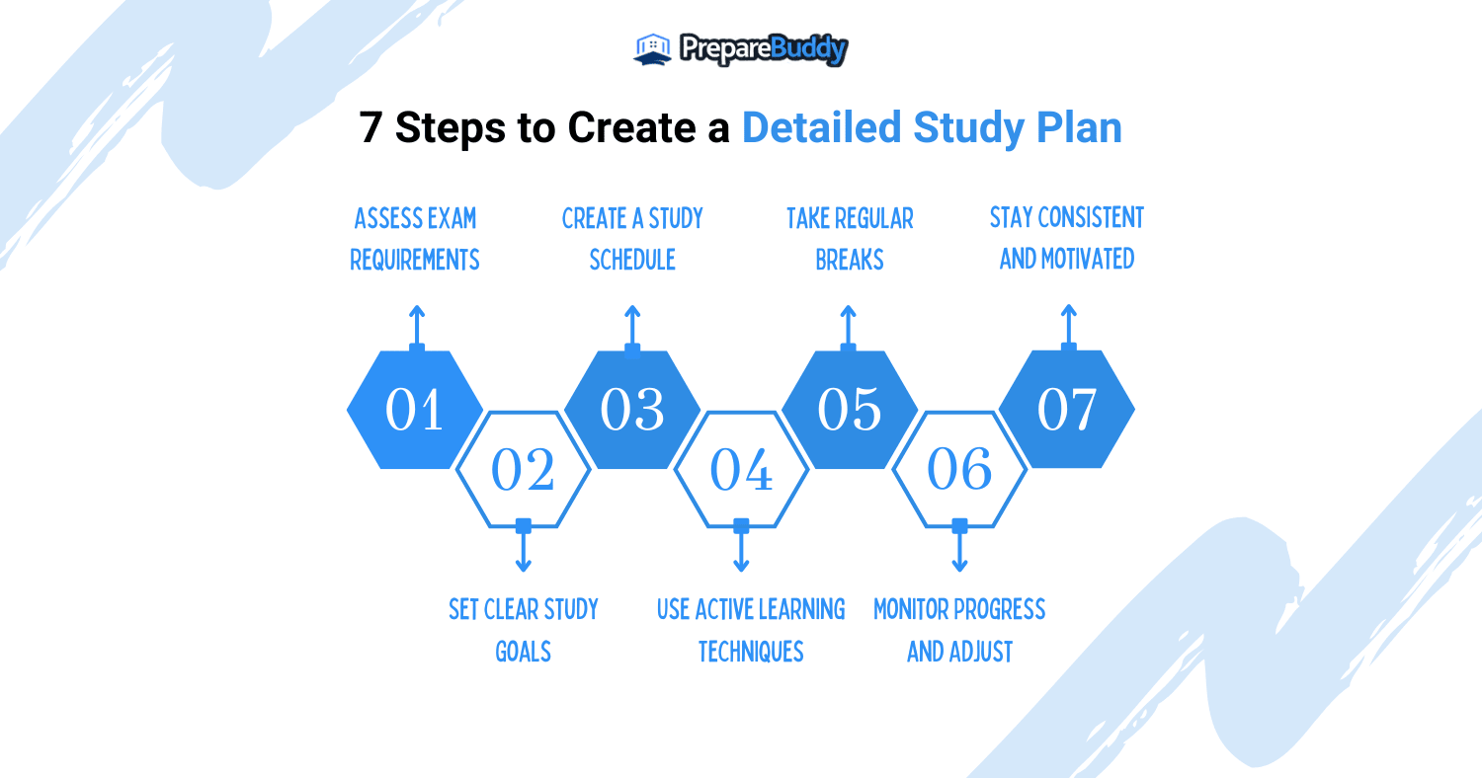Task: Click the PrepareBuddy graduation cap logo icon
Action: (x=652, y=49)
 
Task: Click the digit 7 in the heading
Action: (x=370, y=127)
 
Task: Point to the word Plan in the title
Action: (x=1079, y=127)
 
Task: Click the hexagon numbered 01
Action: (x=415, y=410)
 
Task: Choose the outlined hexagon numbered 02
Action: (x=524, y=469)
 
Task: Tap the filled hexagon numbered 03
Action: (x=632, y=410)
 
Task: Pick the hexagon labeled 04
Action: (x=742, y=469)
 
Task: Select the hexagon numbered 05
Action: (x=850, y=410)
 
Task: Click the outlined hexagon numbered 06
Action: (x=960, y=469)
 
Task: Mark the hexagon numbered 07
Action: (x=1067, y=409)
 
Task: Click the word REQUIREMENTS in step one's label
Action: (x=415, y=260)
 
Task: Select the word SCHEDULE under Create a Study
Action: (x=632, y=260)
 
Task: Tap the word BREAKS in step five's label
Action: (x=850, y=260)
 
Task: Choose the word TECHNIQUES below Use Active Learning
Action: (x=751, y=652)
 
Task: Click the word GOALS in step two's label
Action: (x=524, y=652)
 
